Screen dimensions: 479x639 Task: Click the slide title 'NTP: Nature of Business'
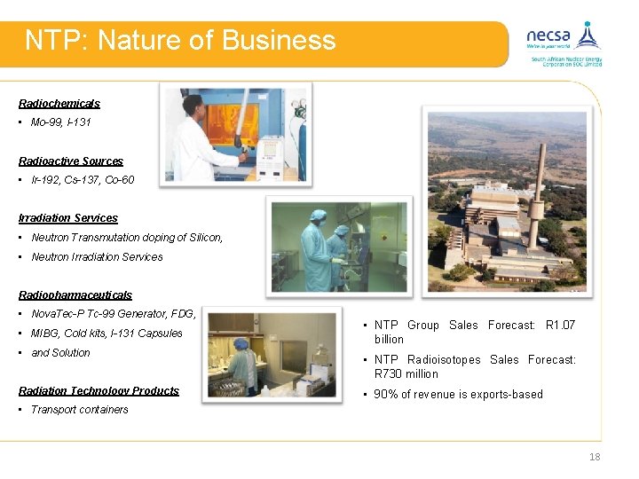180,41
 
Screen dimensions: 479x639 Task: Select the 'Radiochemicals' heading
59,104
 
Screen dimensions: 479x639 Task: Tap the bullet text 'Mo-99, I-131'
60,122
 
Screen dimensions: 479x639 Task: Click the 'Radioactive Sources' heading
71,161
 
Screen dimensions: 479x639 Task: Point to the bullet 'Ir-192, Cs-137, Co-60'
83,180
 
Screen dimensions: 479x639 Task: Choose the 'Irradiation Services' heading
68,218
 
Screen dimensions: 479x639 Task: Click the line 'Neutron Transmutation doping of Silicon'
127,238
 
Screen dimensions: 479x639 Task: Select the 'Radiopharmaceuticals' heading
75,295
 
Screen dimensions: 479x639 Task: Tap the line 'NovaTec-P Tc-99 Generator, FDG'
113,314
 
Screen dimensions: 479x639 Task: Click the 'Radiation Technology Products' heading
99,391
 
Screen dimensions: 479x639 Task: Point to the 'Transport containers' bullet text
80,410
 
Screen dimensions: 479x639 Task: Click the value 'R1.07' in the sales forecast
560,326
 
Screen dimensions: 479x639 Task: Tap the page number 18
595,457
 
